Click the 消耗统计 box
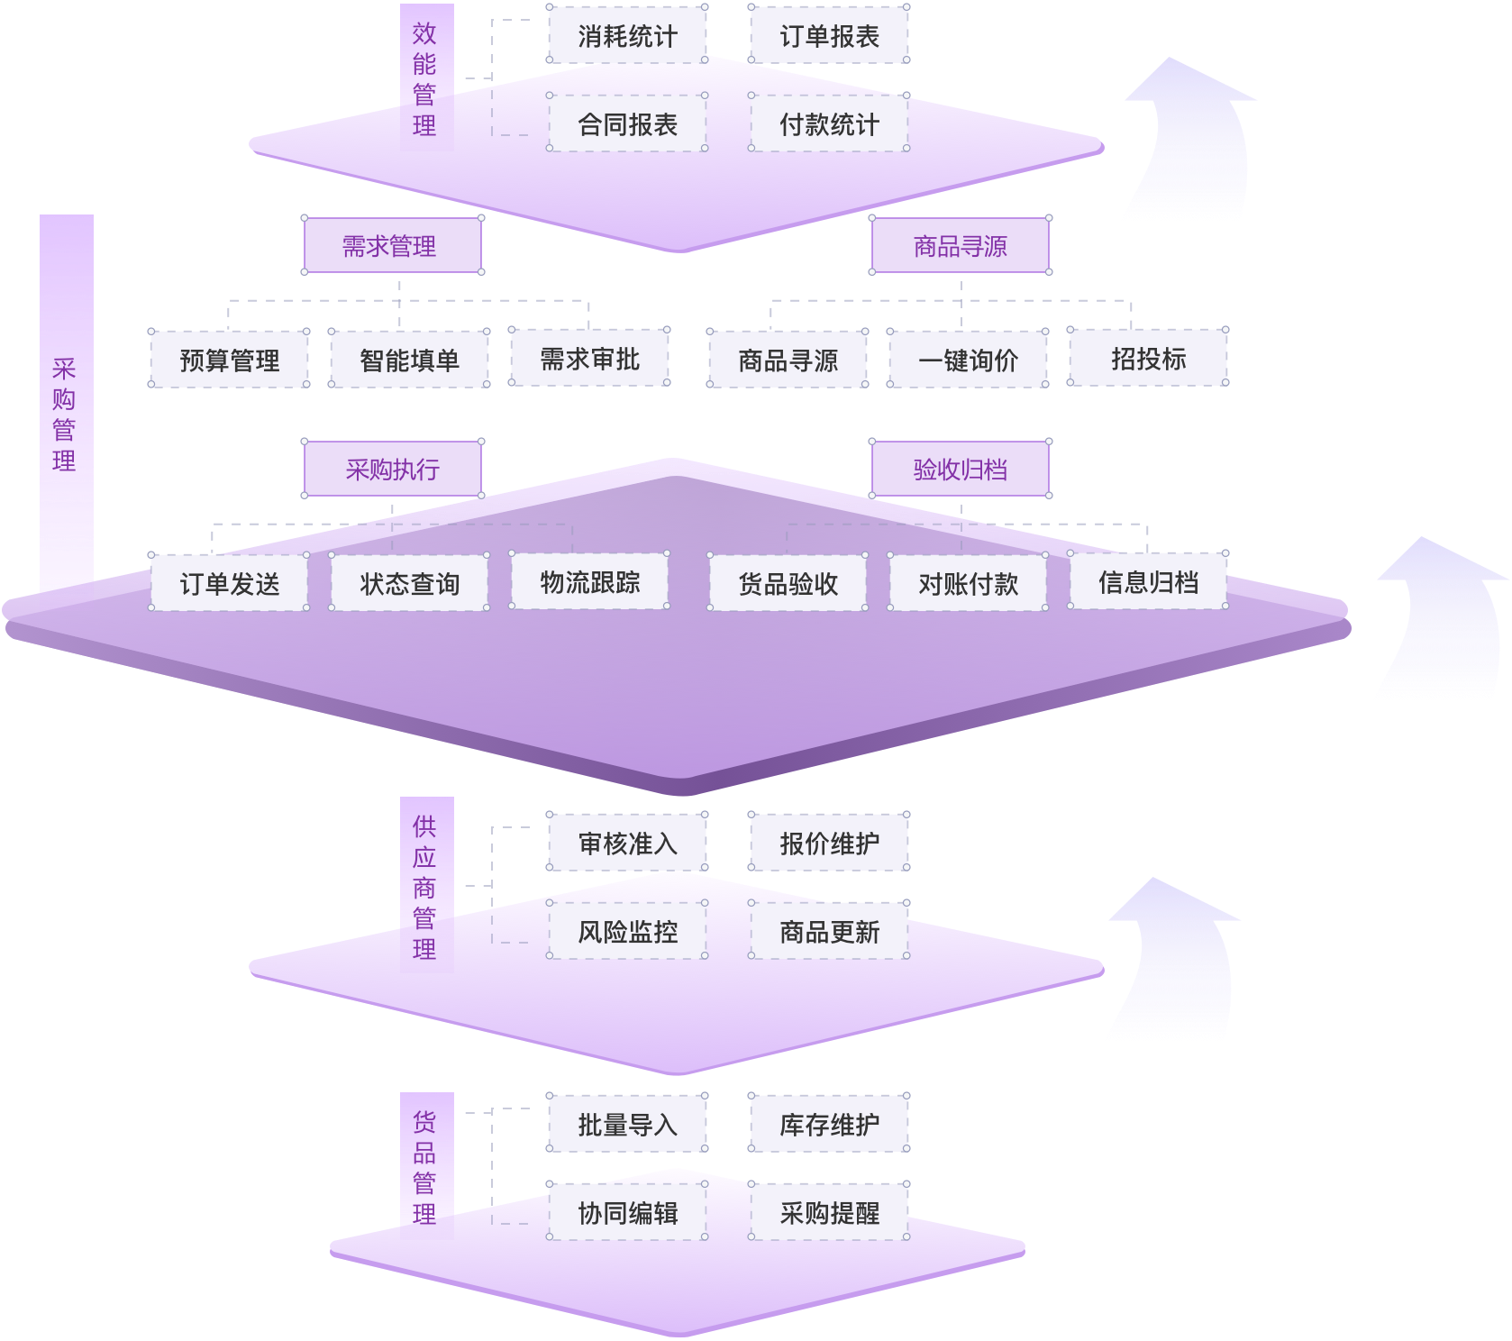(x=627, y=35)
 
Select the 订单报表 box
(x=829, y=35)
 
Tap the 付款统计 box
(x=829, y=123)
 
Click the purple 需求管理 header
(x=392, y=245)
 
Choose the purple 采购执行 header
(x=392, y=469)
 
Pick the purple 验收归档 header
(x=961, y=469)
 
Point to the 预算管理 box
(x=229, y=360)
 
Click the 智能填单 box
(x=409, y=360)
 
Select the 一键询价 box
(x=968, y=360)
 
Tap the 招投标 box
(x=1148, y=358)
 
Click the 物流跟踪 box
(x=589, y=582)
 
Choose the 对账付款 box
(x=968, y=583)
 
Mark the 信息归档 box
(x=1148, y=582)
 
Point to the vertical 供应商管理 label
(x=425, y=885)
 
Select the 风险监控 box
(x=627, y=931)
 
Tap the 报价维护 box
(x=829, y=843)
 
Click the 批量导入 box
(x=627, y=1124)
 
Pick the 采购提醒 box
(x=829, y=1212)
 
